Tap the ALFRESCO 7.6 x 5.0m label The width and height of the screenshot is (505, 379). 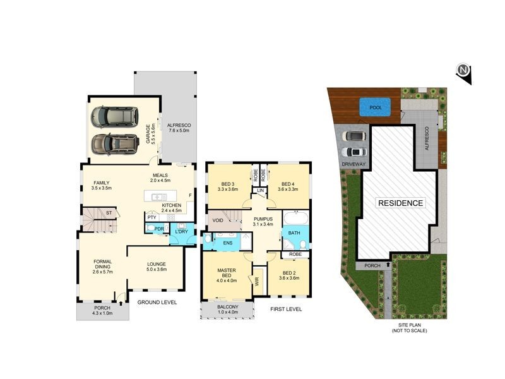179,129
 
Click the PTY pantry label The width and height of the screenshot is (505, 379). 151,218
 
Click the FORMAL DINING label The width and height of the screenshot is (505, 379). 102,265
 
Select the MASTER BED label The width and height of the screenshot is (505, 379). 227,274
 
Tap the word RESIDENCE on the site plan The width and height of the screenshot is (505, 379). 401,203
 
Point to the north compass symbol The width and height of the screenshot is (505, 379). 464,71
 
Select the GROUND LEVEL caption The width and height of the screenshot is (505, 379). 157,303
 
